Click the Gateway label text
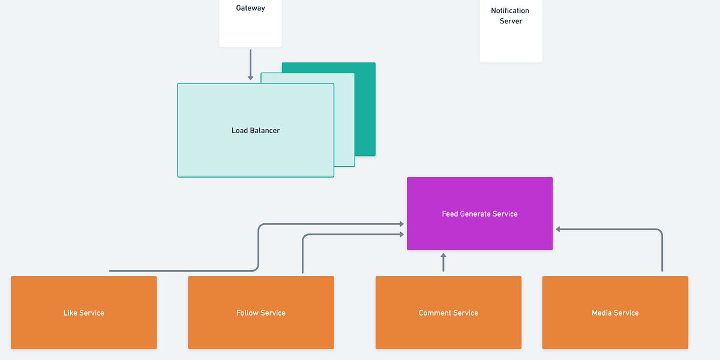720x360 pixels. pos(250,8)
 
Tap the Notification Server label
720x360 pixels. pos(511,16)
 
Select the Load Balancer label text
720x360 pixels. pos(256,130)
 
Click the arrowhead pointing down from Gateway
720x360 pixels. pos(250,77)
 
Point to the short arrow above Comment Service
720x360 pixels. pos(443,263)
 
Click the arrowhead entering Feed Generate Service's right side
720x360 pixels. pos(559,229)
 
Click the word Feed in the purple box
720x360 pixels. pos(449,214)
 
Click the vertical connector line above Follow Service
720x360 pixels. pos(302,255)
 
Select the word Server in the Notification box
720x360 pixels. pos(511,21)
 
